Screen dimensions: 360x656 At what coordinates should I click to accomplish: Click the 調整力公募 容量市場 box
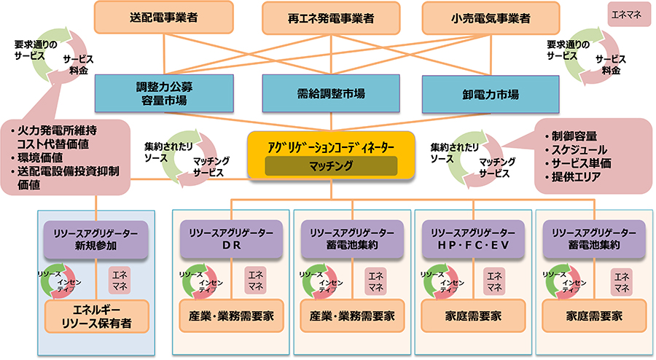162,93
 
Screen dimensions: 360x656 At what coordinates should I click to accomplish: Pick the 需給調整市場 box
331,93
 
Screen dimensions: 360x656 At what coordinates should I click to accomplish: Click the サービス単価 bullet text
582,163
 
